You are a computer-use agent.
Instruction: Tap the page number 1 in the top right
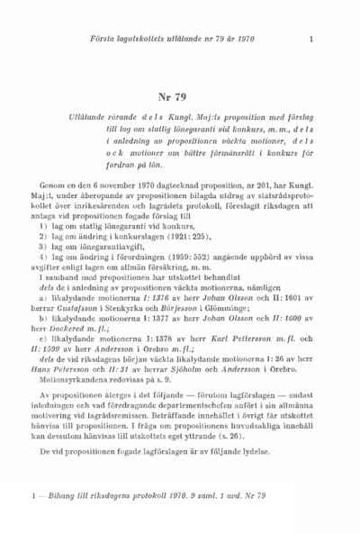tap(310, 38)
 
